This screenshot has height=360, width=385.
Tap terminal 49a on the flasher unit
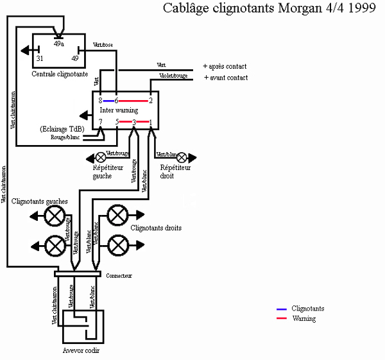[x=58, y=44]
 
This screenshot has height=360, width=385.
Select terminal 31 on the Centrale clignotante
[x=40, y=58]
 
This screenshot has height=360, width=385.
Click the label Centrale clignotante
[x=60, y=74]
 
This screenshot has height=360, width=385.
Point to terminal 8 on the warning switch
[x=101, y=101]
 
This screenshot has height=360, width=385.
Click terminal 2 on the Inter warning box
[x=151, y=101]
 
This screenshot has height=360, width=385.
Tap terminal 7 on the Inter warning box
[x=101, y=122]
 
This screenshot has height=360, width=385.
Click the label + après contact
[x=225, y=66]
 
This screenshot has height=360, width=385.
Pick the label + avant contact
[x=225, y=78]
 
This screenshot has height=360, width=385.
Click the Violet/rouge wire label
[x=173, y=76]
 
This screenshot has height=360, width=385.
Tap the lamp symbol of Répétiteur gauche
[x=101, y=156]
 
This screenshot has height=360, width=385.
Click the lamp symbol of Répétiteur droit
[x=182, y=156]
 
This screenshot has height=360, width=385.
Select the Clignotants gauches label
[x=48, y=201]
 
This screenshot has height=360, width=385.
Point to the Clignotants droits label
[x=156, y=228]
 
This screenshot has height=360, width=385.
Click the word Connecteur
[x=119, y=275]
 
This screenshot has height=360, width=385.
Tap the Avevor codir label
[x=81, y=350]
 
